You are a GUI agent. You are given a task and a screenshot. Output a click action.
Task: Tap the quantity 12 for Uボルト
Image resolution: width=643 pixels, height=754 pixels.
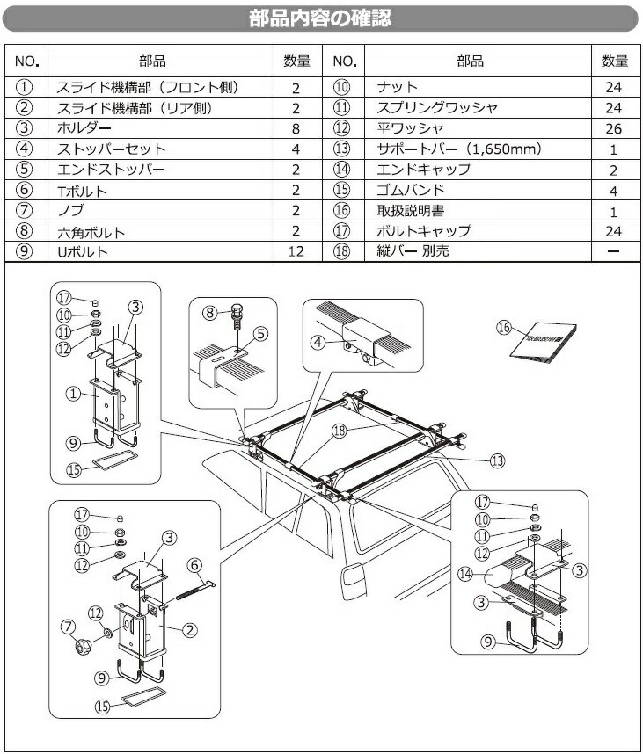(296, 252)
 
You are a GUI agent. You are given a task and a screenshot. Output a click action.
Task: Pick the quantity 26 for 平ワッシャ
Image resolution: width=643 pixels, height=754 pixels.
(613, 128)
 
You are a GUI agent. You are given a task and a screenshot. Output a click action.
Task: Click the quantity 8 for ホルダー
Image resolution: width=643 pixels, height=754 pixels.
(296, 128)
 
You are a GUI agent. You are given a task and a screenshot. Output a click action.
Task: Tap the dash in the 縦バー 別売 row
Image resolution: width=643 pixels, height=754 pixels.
(613, 252)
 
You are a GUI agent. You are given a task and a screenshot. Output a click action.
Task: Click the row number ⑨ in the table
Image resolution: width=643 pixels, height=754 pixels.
(25, 252)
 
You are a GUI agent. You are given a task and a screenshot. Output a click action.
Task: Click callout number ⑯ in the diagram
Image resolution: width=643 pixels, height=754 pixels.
(503, 327)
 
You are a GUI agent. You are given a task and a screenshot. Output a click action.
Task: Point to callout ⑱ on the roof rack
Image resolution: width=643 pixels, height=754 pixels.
(340, 431)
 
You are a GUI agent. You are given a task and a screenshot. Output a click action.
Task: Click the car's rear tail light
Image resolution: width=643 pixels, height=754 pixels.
(354, 580)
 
